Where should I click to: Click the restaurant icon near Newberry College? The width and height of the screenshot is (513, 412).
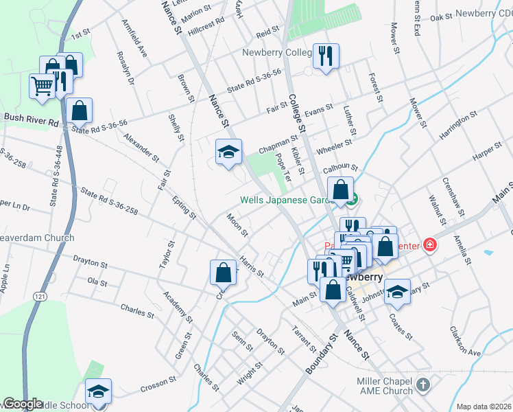coord(326,56)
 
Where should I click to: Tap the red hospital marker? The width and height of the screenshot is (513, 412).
coord(430,244)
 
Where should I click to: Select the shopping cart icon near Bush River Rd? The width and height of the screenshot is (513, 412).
coord(42,87)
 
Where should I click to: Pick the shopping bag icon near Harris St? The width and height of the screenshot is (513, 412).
coord(223,272)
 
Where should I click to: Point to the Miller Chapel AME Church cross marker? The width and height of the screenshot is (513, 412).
coord(423,385)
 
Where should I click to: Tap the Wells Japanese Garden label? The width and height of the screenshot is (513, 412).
coord(291,201)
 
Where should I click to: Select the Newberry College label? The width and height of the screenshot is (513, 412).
coord(276,53)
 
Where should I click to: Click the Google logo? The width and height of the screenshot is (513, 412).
coord(23,404)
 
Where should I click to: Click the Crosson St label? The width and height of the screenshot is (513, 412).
coord(159,387)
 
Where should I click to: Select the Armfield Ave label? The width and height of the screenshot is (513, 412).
coord(135,43)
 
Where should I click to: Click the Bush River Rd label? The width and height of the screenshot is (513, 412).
coord(32,117)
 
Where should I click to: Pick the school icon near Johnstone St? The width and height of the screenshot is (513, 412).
coord(397,292)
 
